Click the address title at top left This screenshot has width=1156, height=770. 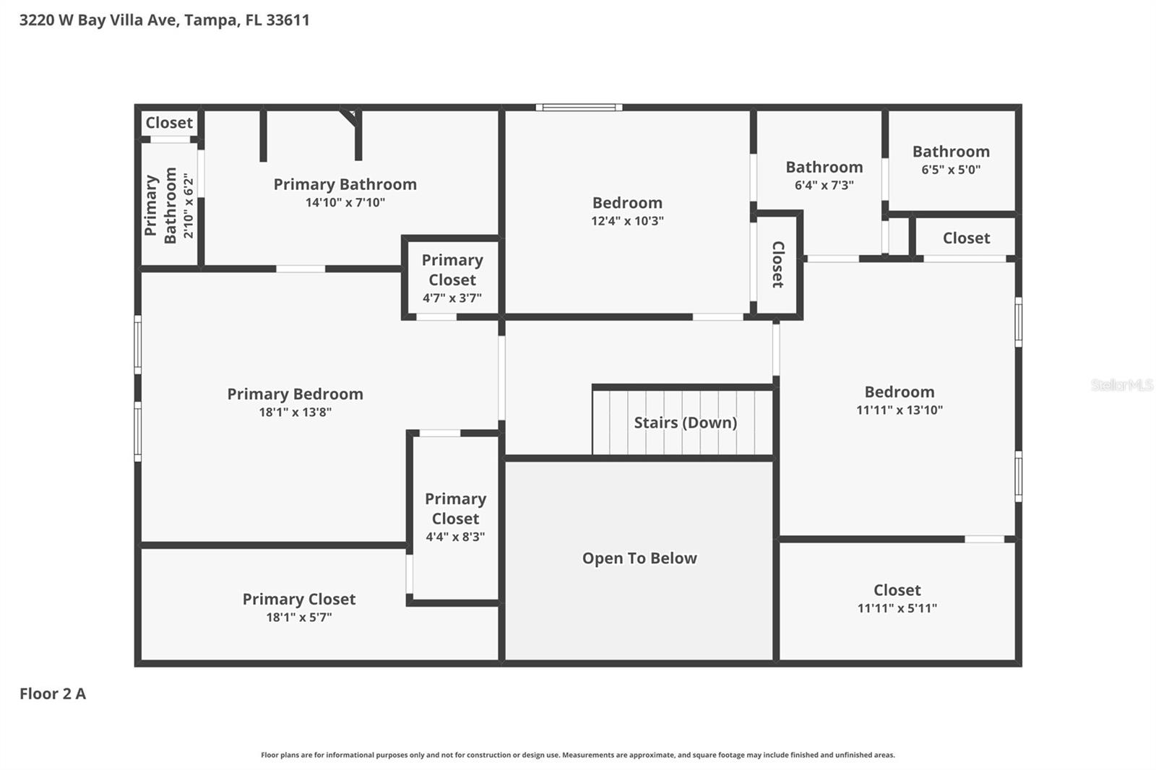click(164, 20)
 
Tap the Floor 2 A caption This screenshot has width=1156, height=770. click(53, 693)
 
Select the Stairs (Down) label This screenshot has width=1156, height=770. click(685, 423)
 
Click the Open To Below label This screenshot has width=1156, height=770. click(639, 558)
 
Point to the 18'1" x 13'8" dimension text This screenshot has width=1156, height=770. click(295, 412)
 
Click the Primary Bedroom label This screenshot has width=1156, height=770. click(295, 394)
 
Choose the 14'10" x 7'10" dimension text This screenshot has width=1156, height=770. click(345, 202)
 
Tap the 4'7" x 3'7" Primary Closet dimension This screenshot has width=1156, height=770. click(452, 298)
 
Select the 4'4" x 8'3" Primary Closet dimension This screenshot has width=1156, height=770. click(454, 537)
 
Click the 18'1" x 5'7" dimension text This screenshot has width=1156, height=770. click(298, 617)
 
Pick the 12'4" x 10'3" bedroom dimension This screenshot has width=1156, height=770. click(627, 221)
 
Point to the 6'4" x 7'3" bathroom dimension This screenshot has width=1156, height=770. click(824, 185)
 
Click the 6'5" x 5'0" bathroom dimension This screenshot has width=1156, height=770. click(950, 170)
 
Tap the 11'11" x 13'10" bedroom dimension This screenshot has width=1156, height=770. click(899, 410)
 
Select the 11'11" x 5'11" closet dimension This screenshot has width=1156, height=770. click(897, 608)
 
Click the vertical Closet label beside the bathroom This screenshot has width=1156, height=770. click(778, 264)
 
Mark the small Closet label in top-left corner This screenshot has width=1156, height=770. click(169, 123)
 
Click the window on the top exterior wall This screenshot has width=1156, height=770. click(579, 108)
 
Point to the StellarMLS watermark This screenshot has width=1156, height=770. click(1121, 385)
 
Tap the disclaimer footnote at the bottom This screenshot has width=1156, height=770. click(577, 755)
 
